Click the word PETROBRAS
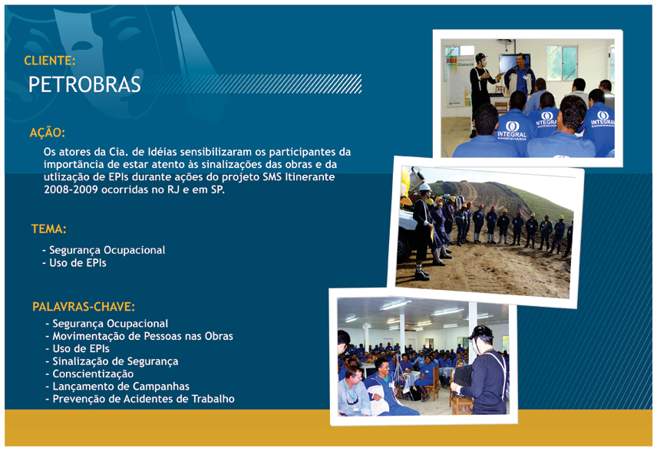point(84,84)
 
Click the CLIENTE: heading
point(49,61)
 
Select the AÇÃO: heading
point(48,133)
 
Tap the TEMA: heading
point(48,229)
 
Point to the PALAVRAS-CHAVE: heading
point(84,307)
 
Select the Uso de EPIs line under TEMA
point(74,263)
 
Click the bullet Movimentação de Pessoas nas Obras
point(139,336)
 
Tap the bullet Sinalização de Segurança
point(112,362)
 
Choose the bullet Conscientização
point(90,374)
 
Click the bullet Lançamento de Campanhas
point(117,387)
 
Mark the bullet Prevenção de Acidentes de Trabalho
point(140,399)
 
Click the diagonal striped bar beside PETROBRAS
point(253,84)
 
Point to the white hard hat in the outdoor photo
point(425,186)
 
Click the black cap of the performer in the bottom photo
point(480,332)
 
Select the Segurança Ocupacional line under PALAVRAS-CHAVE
point(107,324)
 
